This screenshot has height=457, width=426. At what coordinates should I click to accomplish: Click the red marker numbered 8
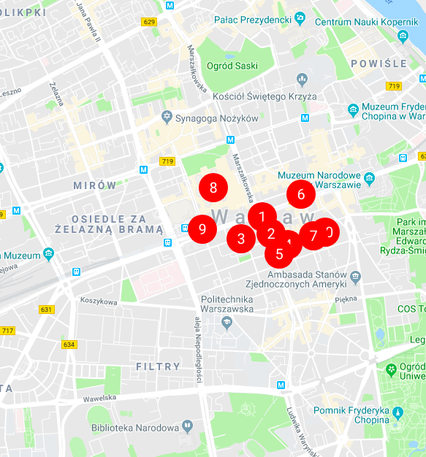(213, 188)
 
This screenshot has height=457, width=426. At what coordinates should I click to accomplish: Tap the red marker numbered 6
(300, 194)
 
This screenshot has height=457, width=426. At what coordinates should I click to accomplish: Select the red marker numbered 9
(202, 228)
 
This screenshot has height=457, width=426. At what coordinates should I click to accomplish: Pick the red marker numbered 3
(240, 238)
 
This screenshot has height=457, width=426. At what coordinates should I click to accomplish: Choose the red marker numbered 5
(279, 254)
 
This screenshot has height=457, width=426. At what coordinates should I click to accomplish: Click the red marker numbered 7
(313, 235)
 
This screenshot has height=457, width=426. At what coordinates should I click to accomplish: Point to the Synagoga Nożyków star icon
(168, 118)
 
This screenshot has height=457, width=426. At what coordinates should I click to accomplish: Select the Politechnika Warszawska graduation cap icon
(227, 322)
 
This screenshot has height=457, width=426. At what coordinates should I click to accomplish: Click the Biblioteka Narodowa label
(134, 428)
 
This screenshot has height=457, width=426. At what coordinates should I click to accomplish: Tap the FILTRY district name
(158, 366)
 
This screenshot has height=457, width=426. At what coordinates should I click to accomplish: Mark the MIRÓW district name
(94, 185)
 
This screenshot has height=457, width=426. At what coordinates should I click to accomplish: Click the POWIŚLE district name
(379, 64)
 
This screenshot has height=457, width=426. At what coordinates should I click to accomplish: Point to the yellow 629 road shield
(149, 22)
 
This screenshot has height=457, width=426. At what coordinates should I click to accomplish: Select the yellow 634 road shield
(69, 345)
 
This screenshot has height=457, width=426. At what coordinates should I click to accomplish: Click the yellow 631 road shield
(46, 310)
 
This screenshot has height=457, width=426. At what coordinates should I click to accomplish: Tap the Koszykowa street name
(99, 301)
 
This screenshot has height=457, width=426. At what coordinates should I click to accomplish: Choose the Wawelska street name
(99, 398)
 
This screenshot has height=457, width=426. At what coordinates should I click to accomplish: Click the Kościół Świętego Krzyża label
(265, 96)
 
